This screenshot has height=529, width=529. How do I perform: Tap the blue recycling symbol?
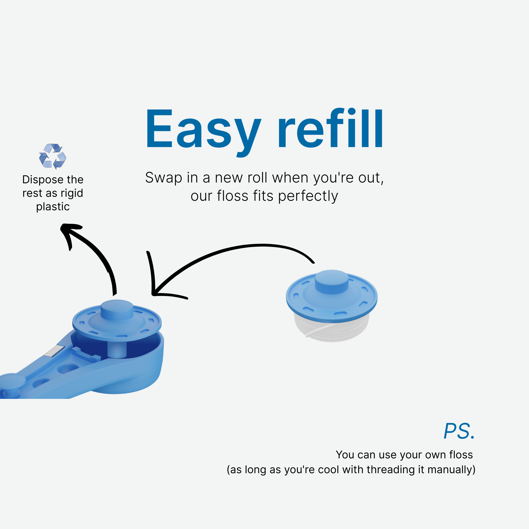click(53, 156)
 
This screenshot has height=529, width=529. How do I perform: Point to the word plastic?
click(53, 207)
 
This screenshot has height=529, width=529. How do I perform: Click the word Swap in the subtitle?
click(163, 178)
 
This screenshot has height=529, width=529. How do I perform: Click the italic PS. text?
click(459, 431)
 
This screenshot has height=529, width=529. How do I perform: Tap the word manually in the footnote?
click(451, 469)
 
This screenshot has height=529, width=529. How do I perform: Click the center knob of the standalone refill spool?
click(332, 281)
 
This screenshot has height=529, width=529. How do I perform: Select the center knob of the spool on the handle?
click(117, 310)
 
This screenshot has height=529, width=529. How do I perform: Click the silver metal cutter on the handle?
click(54, 351)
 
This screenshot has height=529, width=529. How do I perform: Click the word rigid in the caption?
click(72, 194)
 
